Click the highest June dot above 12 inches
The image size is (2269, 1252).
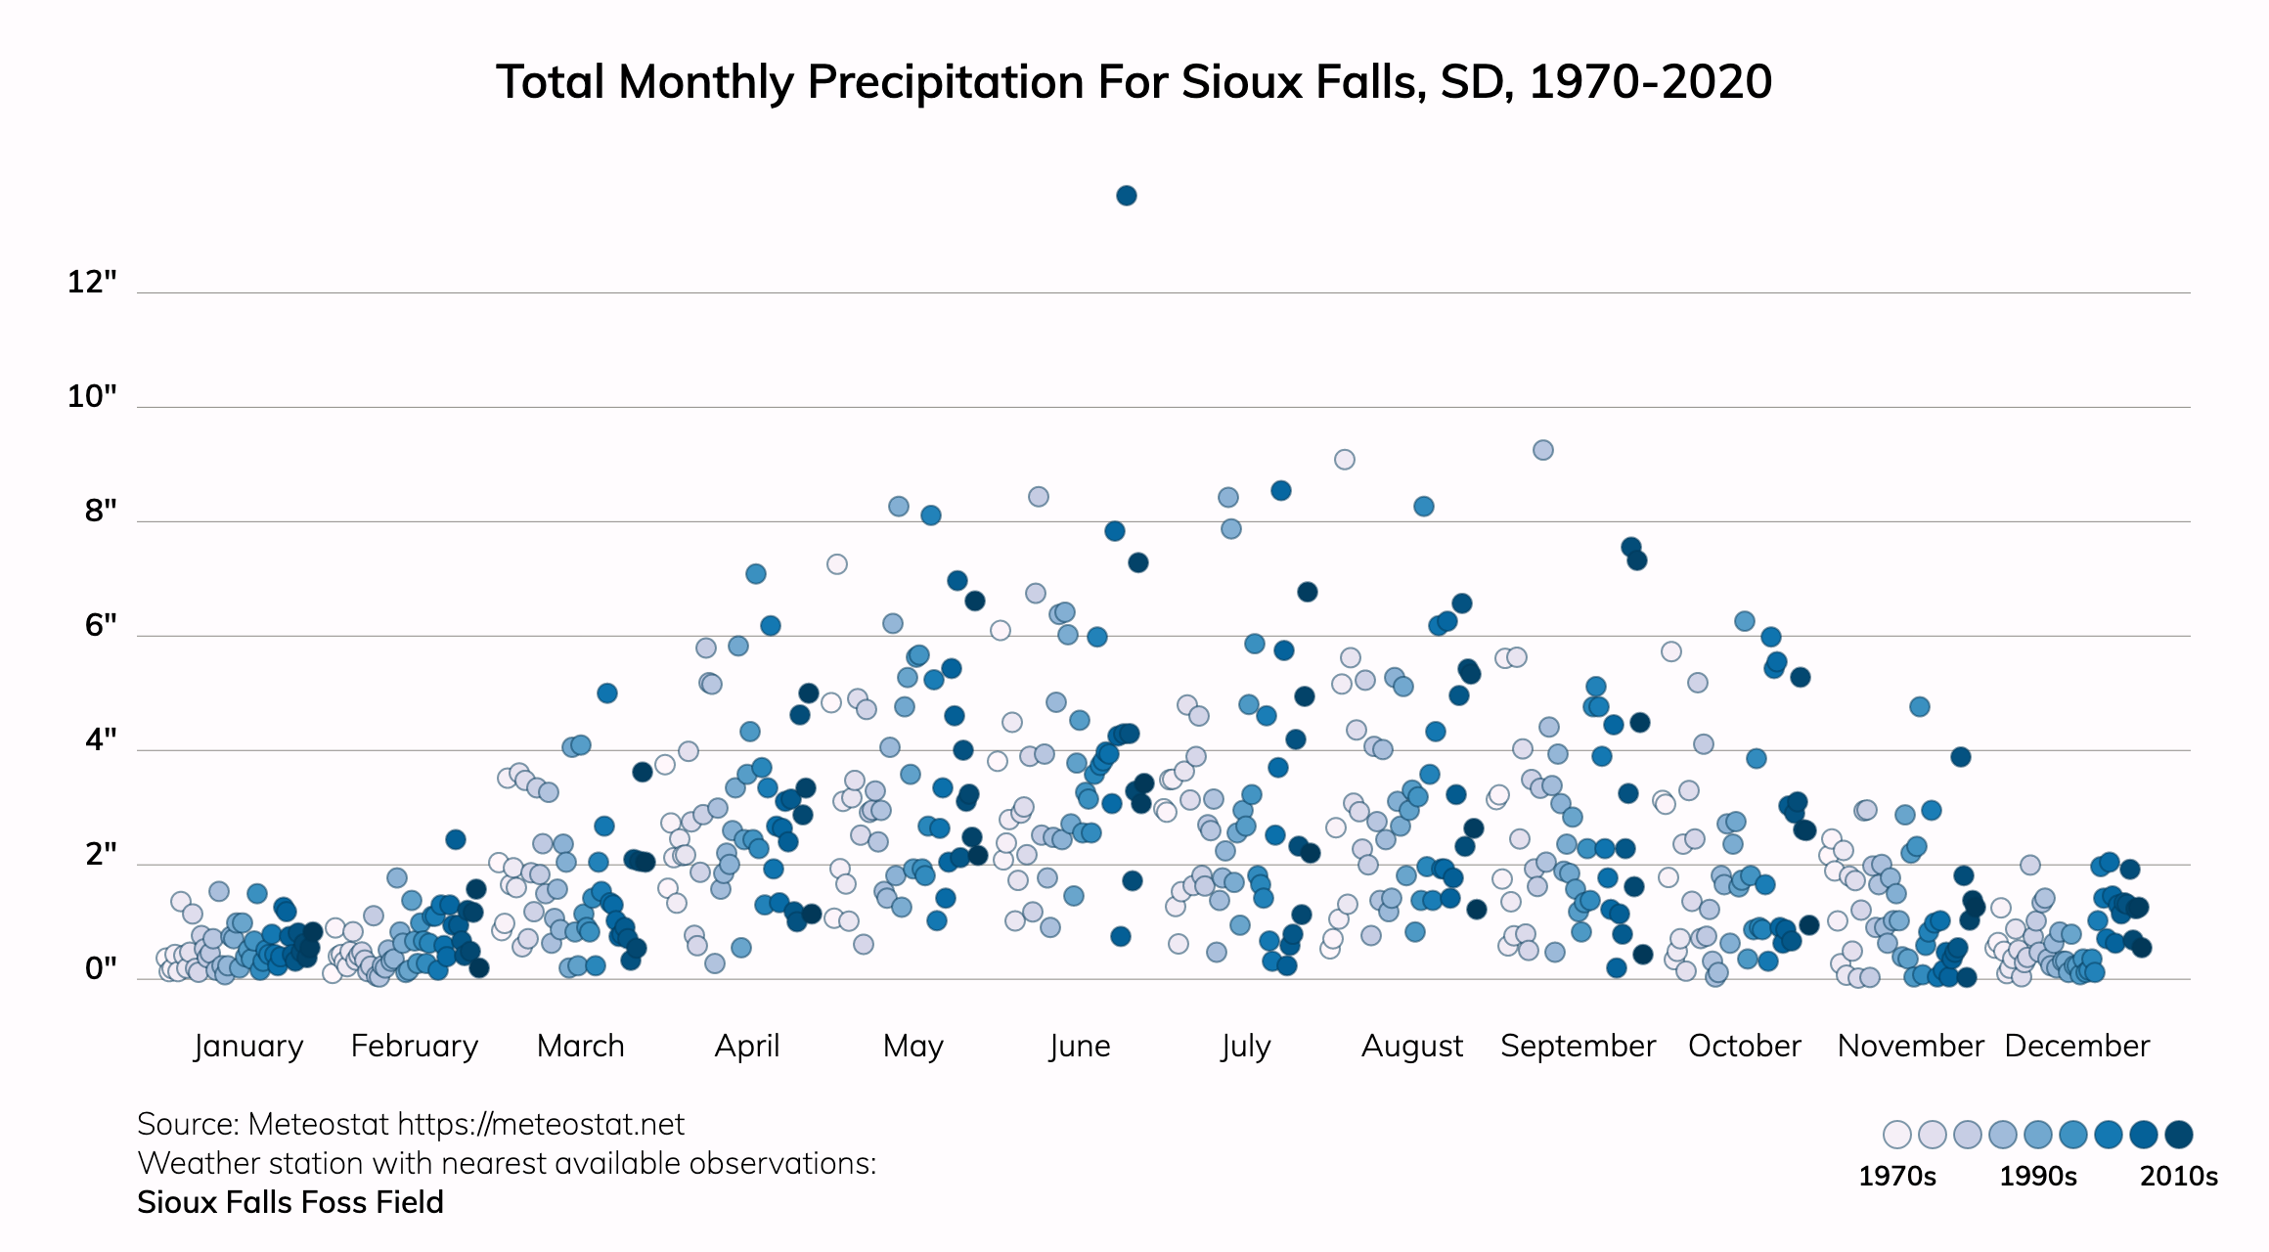pos(1126,196)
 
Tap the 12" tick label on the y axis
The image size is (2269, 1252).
pos(92,283)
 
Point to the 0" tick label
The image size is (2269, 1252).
pos(101,968)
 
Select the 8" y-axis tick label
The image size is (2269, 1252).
pos(101,511)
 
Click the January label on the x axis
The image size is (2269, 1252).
pos(248,1046)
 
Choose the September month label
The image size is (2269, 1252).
pos(1578,1046)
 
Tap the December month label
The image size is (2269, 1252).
pos(2076,1046)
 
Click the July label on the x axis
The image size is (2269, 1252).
pos(1246,1046)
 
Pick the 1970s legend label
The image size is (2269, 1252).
pos(1896,1176)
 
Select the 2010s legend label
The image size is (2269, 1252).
pos(2178,1176)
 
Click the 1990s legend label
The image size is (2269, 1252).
pos(2037,1176)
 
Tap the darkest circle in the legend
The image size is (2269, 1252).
pos(2178,1135)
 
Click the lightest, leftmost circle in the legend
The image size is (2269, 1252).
pos(1896,1135)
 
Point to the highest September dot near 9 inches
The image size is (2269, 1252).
pos(1542,450)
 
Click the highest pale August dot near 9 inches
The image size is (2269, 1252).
pos(1345,460)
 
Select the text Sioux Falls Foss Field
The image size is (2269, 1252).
pos(290,1202)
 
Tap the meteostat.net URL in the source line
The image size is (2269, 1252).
pos(541,1125)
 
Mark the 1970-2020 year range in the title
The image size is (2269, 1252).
pos(1650,82)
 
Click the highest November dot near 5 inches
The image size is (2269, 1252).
pos(1919,706)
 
